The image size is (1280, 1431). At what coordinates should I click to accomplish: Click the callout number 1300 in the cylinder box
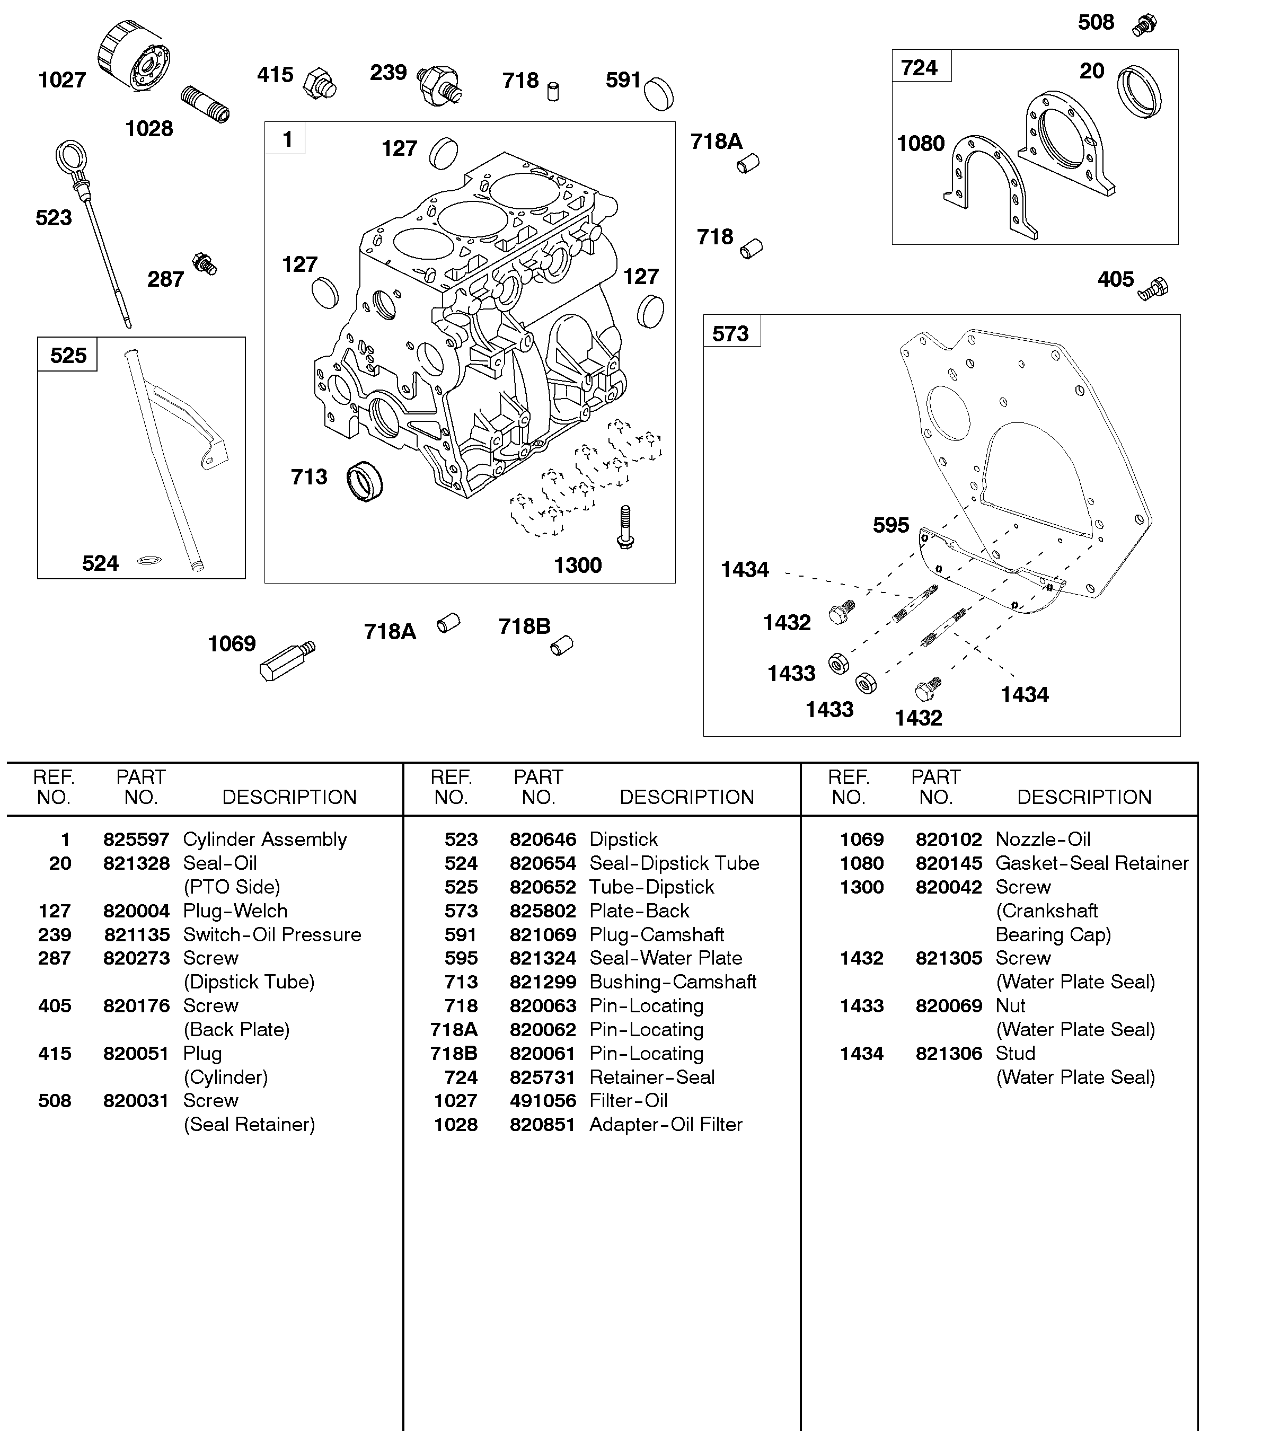pos(577,566)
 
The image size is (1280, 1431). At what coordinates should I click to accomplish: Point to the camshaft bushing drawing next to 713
pos(365,481)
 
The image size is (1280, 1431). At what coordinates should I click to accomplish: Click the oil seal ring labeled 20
pos(1138,91)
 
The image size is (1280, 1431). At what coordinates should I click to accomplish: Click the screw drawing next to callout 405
pos(1153,289)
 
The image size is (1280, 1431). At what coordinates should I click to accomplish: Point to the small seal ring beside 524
pos(149,560)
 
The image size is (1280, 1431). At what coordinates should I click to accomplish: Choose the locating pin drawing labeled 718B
pos(561,645)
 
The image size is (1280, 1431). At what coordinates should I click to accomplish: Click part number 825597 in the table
pos(136,840)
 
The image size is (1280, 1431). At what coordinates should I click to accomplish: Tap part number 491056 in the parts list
pos(542,1100)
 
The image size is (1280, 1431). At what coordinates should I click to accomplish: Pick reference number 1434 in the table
pos(861,1054)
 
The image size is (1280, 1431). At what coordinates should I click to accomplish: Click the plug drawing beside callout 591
pos(659,93)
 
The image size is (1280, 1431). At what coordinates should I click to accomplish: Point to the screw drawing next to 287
pos(205,264)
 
